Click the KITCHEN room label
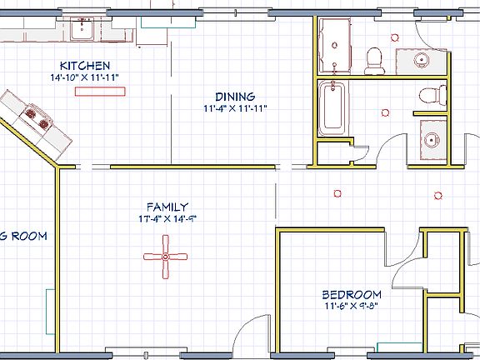(x=84, y=66)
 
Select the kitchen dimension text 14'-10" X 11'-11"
(x=84, y=77)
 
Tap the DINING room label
(x=235, y=97)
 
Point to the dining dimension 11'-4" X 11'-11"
(x=235, y=108)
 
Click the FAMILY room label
(x=167, y=207)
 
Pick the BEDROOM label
(x=352, y=294)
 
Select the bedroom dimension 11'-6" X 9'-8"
(x=352, y=306)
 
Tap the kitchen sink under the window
(x=82, y=31)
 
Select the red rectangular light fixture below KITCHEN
(x=92, y=90)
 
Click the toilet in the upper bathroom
(x=375, y=57)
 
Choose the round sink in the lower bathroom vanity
(x=431, y=138)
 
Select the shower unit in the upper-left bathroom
(x=336, y=46)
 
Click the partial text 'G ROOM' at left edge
(x=23, y=236)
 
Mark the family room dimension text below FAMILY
(x=167, y=219)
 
